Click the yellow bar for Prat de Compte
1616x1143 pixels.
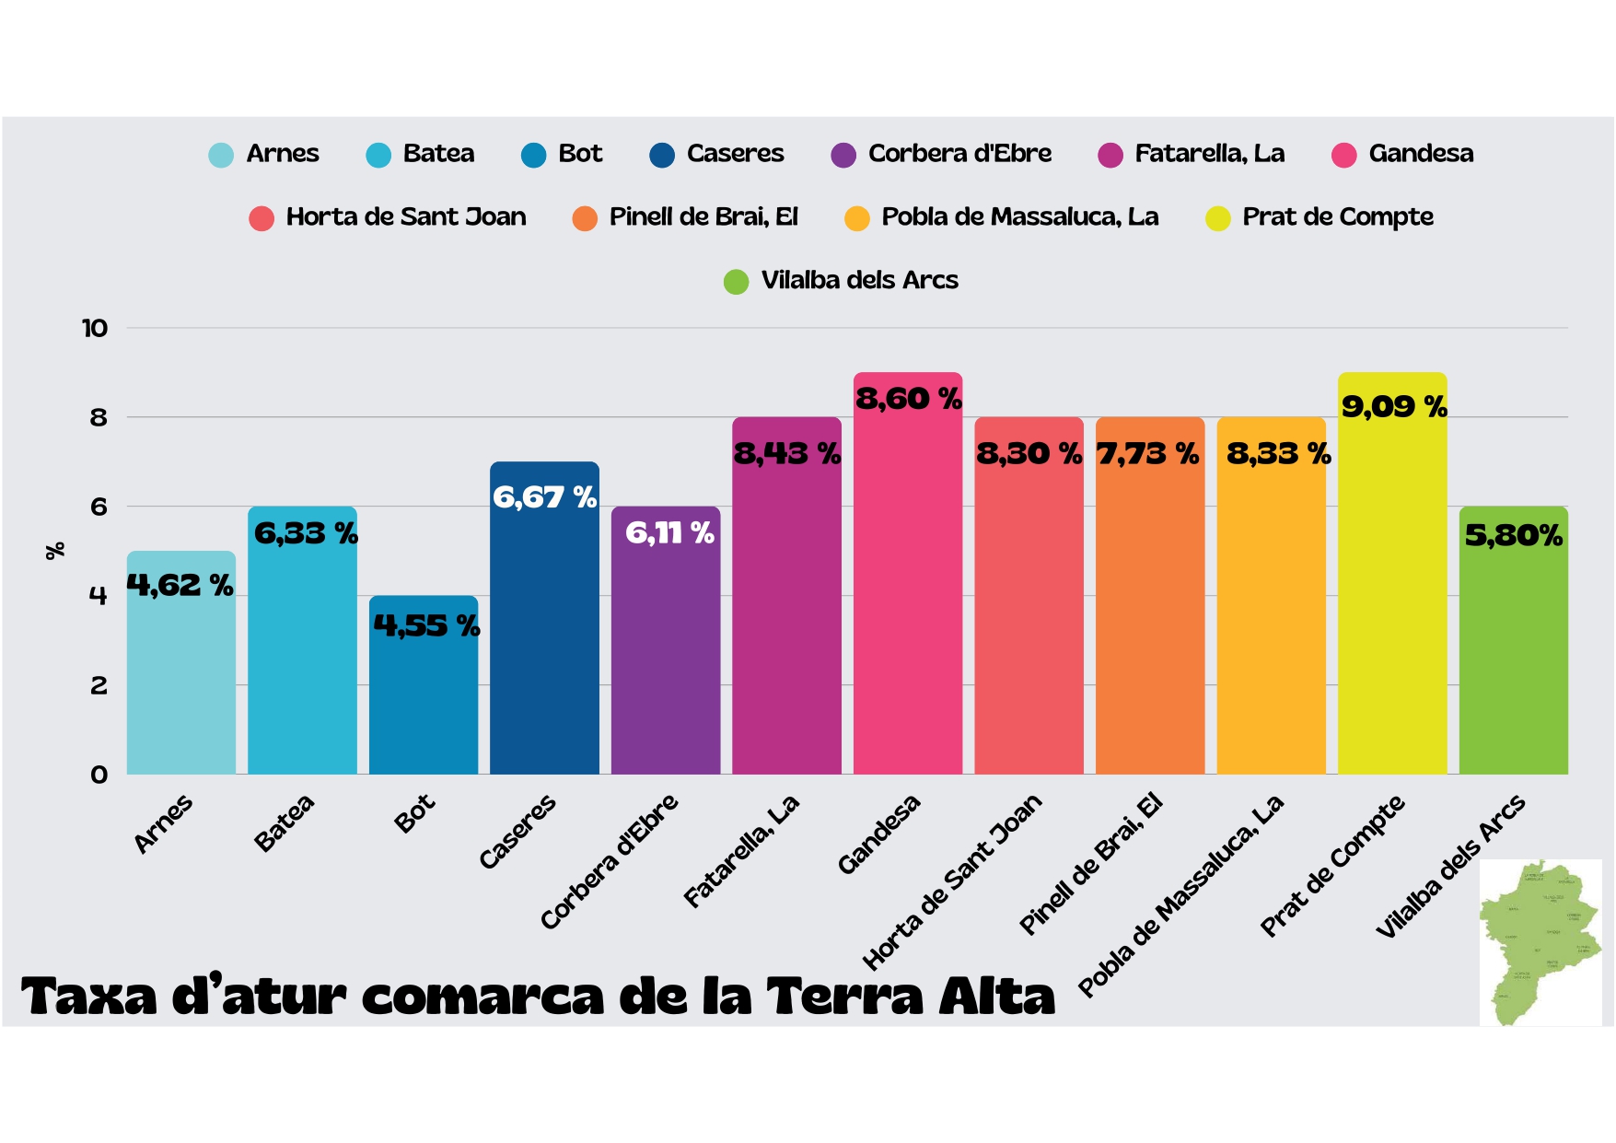click(x=1391, y=599)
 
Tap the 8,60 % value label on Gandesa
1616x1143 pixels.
click(x=908, y=399)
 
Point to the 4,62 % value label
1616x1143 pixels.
click(x=180, y=585)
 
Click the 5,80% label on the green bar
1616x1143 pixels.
click(x=1513, y=535)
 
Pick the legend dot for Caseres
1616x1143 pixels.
click(x=662, y=155)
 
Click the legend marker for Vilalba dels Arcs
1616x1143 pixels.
click(x=736, y=282)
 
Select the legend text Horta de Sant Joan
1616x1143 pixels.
click(x=406, y=217)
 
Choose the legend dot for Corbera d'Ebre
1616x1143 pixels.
click(x=843, y=155)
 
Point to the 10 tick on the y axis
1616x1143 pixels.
click(x=95, y=328)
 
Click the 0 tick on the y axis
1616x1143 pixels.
click(x=99, y=775)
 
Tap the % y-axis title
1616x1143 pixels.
click(x=55, y=551)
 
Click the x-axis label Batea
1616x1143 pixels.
click(x=285, y=822)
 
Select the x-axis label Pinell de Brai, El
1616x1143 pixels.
click(x=1091, y=863)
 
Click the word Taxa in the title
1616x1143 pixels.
click(x=89, y=997)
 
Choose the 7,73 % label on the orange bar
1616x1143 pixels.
click(x=1147, y=454)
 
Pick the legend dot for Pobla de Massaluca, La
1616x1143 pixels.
click(x=857, y=219)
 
